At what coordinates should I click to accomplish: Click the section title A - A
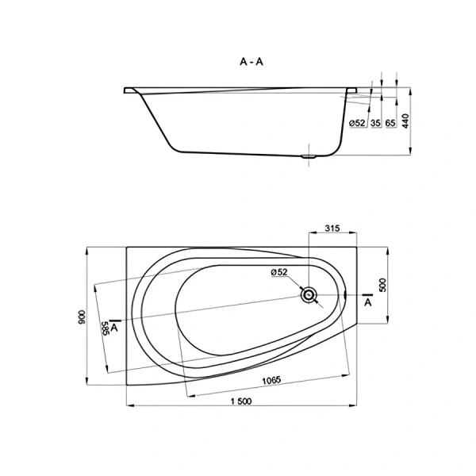click(251, 60)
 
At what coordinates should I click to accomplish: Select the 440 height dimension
click(404, 121)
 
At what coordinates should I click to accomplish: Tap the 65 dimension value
click(391, 123)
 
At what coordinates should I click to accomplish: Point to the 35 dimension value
click(375, 123)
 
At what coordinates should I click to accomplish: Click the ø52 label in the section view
click(357, 123)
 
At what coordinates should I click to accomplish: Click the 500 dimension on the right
click(382, 286)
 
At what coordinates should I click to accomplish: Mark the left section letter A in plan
click(116, 326)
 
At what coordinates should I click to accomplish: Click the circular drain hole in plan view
click(308, 295)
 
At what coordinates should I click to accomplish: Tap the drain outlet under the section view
click(309, 156)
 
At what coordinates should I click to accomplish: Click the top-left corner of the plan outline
click(126, 247)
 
